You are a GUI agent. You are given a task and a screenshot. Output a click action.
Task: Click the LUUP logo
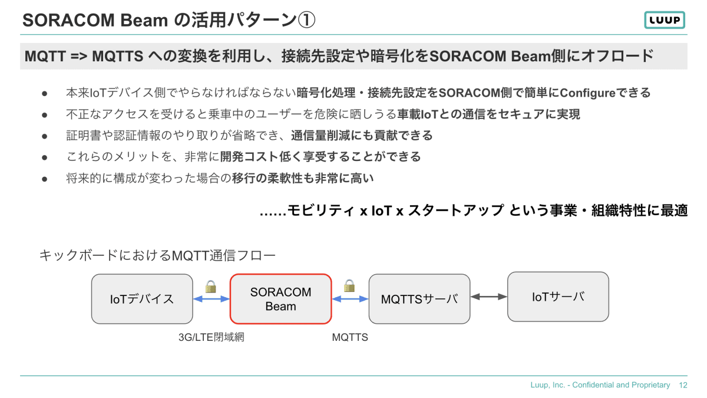click(665, 20)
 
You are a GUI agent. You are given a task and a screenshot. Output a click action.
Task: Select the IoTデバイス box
click(142, 298)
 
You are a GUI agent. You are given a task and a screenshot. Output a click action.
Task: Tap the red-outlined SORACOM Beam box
click(280, 298)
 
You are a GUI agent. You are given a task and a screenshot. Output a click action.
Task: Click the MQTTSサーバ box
click(419, 298)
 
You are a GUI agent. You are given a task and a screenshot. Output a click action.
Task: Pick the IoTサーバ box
click(558, 296)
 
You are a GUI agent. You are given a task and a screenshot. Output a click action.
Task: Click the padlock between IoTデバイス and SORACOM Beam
click(211, 287)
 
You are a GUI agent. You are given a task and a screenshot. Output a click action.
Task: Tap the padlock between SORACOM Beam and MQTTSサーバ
click(349, 286)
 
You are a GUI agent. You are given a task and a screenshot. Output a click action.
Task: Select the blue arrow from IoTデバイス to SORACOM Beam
click(211, 299)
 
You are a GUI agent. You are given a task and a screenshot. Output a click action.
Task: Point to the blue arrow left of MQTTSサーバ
click(350, 299)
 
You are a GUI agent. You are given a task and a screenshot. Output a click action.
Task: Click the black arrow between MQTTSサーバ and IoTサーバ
click(489, 297)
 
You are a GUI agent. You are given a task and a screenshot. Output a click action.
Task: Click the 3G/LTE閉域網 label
click(211, 338)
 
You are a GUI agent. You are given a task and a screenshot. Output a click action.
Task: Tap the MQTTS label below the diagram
click(350, 338)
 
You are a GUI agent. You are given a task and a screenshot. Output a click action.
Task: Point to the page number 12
click(683, 385)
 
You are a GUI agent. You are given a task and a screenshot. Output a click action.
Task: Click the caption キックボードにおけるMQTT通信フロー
click(157, 255)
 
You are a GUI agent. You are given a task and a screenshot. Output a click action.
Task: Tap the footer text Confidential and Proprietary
click(621, 385)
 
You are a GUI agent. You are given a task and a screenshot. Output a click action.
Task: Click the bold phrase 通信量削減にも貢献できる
click(362, 136)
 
